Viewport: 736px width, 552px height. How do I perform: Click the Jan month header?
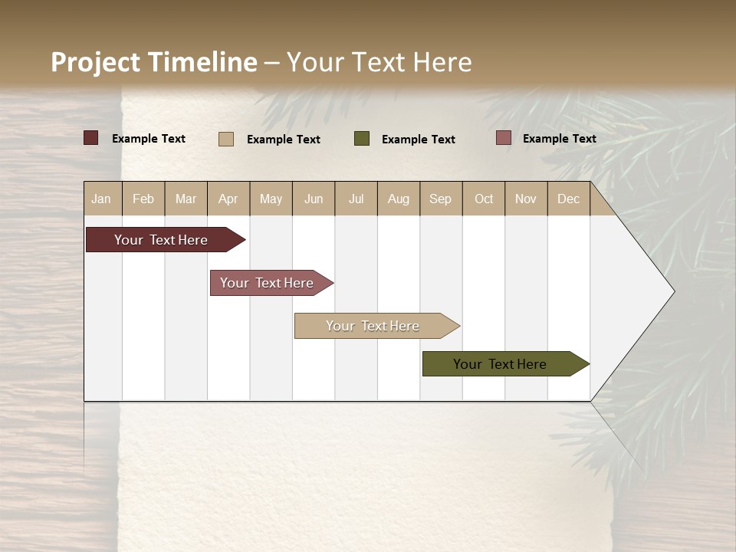[102, 199]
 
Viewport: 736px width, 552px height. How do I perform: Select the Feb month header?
[143, 199]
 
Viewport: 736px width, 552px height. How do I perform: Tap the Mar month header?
[186, 199]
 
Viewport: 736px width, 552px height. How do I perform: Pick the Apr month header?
[228, 199]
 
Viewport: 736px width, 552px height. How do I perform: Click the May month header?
[271, 199]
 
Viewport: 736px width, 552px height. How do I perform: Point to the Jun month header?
[314, 199]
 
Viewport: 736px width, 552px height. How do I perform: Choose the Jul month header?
[356, 199]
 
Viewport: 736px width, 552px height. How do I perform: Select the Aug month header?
[399, 199]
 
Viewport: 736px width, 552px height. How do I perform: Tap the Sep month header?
[441, 199]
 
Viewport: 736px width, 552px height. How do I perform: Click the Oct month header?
[484, 199]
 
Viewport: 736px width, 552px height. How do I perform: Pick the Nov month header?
[526, 199]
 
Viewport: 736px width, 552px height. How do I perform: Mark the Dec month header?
[569, 199]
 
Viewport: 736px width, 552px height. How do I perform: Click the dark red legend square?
[91, 138]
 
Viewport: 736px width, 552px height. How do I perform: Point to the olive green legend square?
[362, 139]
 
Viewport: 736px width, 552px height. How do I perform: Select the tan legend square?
[226, 139]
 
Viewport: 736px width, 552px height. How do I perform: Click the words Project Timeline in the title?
[154, 62]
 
